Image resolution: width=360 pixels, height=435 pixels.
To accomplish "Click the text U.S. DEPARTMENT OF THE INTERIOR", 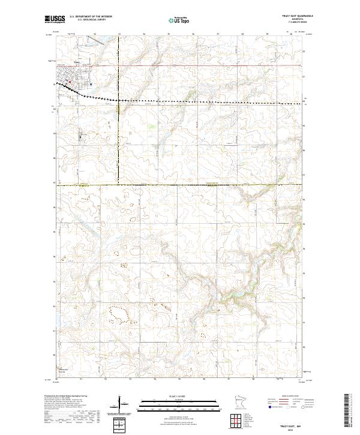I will pos(91,17).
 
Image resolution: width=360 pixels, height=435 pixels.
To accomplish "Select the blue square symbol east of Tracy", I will pos(90,84).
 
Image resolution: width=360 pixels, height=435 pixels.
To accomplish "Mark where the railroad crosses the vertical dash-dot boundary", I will pos(119,98).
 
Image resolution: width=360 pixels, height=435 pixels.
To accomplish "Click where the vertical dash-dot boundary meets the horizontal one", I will pos(119,185).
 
